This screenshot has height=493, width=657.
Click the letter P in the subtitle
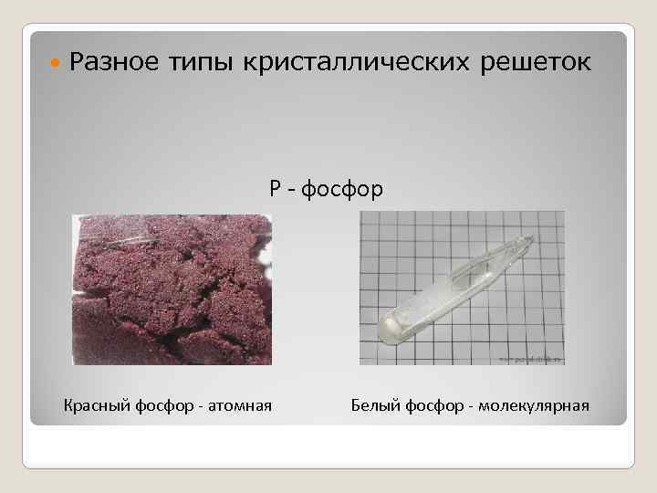pyautogui.click(x=276, y=190)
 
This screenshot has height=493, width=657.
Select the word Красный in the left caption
pyautogui.click(x=96, y=404)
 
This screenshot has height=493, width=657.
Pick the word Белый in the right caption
pyautogui.click(x=372, y=404)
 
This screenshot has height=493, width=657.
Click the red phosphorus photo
pyautogui.click(x=172, y=289)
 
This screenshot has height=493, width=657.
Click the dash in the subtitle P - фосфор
pyautogui.click(x=292, y=191)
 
